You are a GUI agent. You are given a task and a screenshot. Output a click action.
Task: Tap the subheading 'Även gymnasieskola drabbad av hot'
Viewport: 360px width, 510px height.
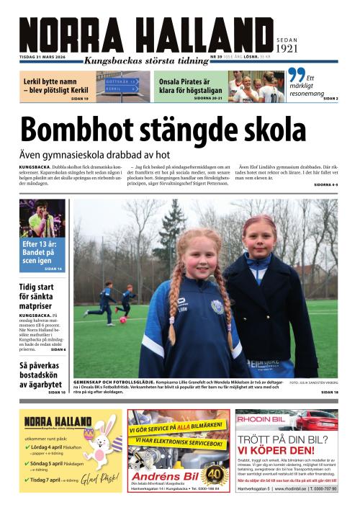[94, 154]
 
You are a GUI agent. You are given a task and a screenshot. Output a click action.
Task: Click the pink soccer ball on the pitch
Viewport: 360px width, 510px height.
[123, 319]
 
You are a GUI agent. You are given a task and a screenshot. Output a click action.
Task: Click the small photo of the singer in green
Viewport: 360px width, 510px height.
[42, 219]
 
